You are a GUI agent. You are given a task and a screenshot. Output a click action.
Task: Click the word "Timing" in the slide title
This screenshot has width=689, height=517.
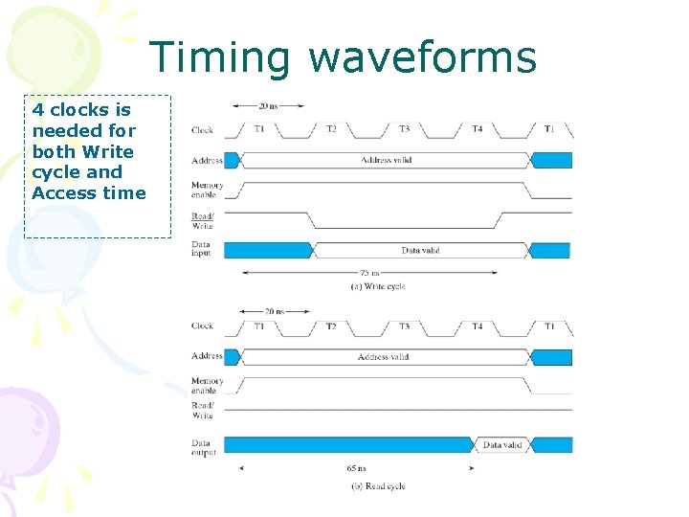219,57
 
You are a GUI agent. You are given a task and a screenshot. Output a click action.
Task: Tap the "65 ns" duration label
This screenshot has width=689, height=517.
356,469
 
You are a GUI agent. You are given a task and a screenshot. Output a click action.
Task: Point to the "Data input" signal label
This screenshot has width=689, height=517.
203,250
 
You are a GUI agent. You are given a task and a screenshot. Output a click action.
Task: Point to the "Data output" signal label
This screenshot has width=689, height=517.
204,448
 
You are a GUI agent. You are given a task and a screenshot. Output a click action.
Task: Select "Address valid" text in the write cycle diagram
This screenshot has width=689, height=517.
386,160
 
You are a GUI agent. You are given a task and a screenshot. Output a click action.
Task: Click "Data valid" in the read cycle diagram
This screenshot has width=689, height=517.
501,445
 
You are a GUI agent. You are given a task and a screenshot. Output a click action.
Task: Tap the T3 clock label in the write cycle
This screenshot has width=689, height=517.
404,129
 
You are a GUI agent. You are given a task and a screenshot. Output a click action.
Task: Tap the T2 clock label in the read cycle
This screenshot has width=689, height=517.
330,326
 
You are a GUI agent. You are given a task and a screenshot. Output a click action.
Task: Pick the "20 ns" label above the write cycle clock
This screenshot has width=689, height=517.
271,107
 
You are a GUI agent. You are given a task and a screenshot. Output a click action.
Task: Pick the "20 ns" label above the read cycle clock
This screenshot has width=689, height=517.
274,311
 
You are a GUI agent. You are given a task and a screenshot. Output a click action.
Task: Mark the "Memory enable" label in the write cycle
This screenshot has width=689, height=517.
207,191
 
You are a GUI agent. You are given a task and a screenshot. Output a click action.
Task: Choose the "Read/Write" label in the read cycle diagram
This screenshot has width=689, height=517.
203,411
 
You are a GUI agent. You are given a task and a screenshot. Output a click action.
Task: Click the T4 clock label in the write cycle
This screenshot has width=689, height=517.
477,129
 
